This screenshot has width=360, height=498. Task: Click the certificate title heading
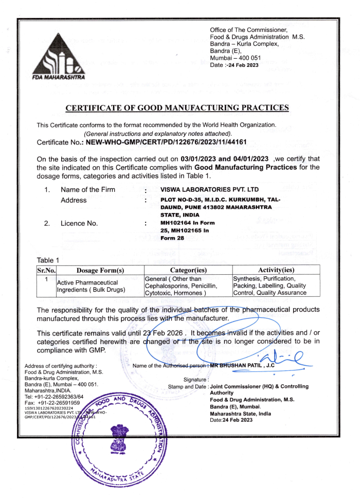coord(177,108)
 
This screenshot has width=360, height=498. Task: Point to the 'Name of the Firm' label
coord(88,190)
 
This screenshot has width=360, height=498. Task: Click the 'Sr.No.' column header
coord(46,270)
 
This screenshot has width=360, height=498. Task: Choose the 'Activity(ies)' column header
coord(276,270)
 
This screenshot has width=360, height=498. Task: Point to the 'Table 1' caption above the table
coord(48,260)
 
